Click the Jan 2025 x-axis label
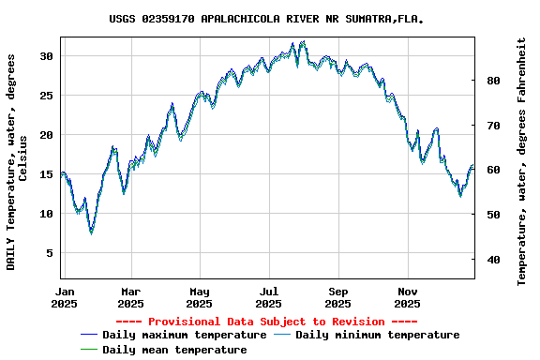tap(64, 297)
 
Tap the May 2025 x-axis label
tap(199, 297)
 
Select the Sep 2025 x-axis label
tap(337, 297)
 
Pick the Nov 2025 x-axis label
tap(407, 297)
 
